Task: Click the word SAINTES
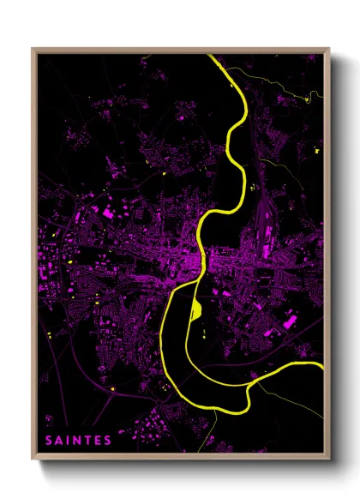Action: pyautogui.click(x=79, y=441)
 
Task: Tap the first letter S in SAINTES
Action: pyautogui.click(x=50, y=441)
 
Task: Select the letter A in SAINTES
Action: pyautogui.click(x=60, y=441)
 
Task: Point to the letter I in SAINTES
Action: pyautogui.click(x=69, y=441)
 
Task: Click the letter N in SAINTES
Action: pyautogui.click(x=77, y=441)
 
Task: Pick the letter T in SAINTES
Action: pyautogui.click(x=87, y=441)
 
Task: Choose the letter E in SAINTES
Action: pyautogui.click(x=97, y=441)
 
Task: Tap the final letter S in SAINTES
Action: pyautogui.click(x=107, y=441)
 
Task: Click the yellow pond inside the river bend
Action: pyautogui.click(x=195, y=307)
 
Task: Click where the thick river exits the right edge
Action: pyautogui.click(x=323, y=369)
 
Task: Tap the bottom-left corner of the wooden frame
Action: pyautogui.click(x=33, y=459)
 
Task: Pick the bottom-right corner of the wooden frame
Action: pyautogui.click(x=328, y=459)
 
